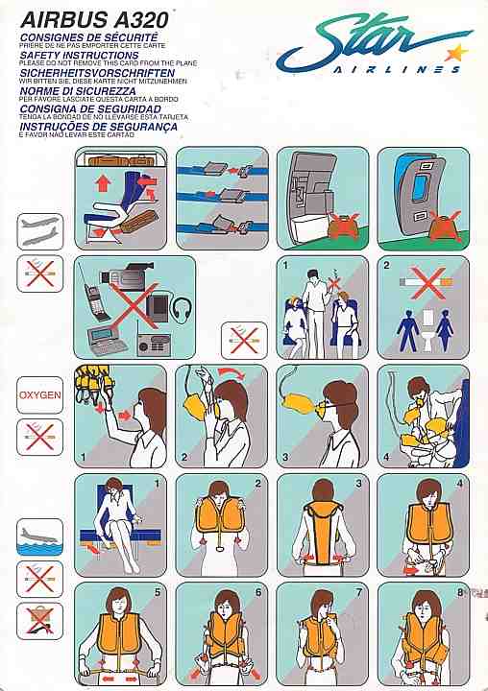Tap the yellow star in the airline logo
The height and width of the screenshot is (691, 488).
457,51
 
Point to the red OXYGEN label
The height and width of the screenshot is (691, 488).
40,394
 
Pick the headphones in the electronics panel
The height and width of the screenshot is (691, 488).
180,312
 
